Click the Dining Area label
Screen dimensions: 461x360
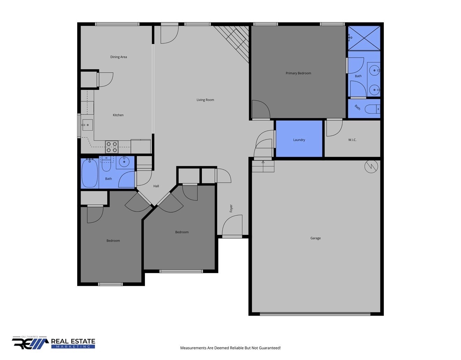pyautogui.click(x=118, y=57)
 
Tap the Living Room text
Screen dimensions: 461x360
pyautogui.click(x=205, y=100)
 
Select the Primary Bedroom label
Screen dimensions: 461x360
pyautogui.click(x=298, y=73)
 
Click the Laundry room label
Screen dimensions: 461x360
pyautogui.click(x=299, y=140)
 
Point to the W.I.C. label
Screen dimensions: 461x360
pyautogui.click(x=352, y=140)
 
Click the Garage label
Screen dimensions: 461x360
pyautogui.click(x=315, y=238)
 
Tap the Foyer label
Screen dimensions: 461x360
pyautogui.click(x=231, y=208)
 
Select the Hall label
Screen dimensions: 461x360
pyautogui.click(x=156, y=186)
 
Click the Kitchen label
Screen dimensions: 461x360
pyautogui.click(x=118, y=115)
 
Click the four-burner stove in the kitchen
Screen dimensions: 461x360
pyautogui.click(x=112, y=147)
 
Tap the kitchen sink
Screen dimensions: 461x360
pyautogui.click(x=87, y=125)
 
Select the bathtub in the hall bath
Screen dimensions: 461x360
pyautogui.click(x=90, y=173)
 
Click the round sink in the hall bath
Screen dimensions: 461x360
pyautogui.click(x=124, y=162)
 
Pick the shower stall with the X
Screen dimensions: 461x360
pyautogui.click(x=364, y=38)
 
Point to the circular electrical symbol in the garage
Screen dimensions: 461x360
pyautogui.click(x=371, y=166)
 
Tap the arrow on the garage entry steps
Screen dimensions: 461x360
pyautogui.click(x=263, y=166)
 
